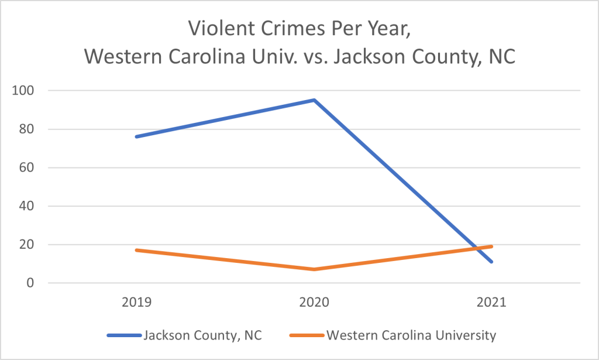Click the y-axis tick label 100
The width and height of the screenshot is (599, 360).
pyautogui.click(x=26, y=91)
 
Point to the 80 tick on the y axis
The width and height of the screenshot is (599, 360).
pyautogui.click(x=28, y=129)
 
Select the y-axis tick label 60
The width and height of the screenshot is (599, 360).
pyautogui.click(x=28, y=168)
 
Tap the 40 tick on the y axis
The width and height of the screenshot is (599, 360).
pyautogui.click(x=28, y=206)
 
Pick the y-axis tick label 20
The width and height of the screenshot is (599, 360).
pyautogui.click(x=28, y=245)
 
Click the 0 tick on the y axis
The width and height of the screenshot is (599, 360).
pyautogui.click(x=32, y=283)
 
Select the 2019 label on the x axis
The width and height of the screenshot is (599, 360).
pyautogui.click(x=136, y=303)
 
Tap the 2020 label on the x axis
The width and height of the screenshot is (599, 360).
pyautogui.click(x=314, y=303)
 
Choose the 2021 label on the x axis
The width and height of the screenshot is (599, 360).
pyautogui.click(x=491, y=303)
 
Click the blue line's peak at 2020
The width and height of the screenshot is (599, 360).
pyautogui.click(x=314, y=100)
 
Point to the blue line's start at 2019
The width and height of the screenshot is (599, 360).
pyautogui.click(x=136, y=136)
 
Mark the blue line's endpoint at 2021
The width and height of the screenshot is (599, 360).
pyautogui.click(x=491, y=262)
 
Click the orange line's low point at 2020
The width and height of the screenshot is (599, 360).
pyautogui.click(x=314, y=269)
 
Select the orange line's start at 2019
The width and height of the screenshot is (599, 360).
pyautogui.click(x=136, y=250)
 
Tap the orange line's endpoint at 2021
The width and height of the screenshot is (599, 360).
pyautogui.click(x=491, y=246)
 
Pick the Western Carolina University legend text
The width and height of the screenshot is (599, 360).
pyautogui.click(x=411, y=335)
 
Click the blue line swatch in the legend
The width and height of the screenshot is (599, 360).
pyautogui.click(x=123, y=336)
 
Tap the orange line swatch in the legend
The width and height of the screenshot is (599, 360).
pyautogui.click(x=306, y=336)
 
